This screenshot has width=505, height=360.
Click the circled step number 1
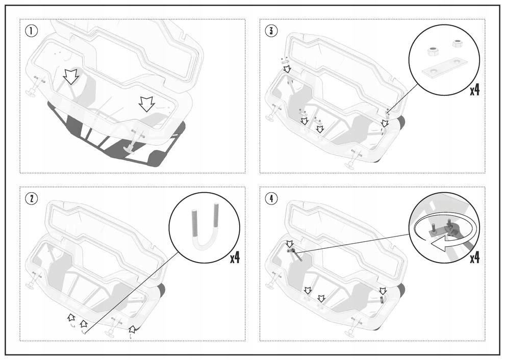[32, 31]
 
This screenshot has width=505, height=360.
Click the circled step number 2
[32, 198]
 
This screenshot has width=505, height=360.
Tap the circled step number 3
[272, 31]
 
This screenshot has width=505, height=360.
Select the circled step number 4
[272, 198]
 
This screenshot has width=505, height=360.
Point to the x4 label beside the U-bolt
[234, 258]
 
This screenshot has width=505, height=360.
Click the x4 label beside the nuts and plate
[474, 90]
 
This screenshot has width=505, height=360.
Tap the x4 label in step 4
[474, 258]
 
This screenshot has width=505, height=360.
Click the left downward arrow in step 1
[71, 76]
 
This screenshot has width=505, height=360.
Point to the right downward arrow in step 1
[146, 104]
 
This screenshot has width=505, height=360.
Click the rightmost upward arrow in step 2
[132, 329]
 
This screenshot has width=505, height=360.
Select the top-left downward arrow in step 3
[287, 68]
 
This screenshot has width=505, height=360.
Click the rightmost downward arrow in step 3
[385, 123]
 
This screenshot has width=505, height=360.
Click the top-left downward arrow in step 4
[289, 244]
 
